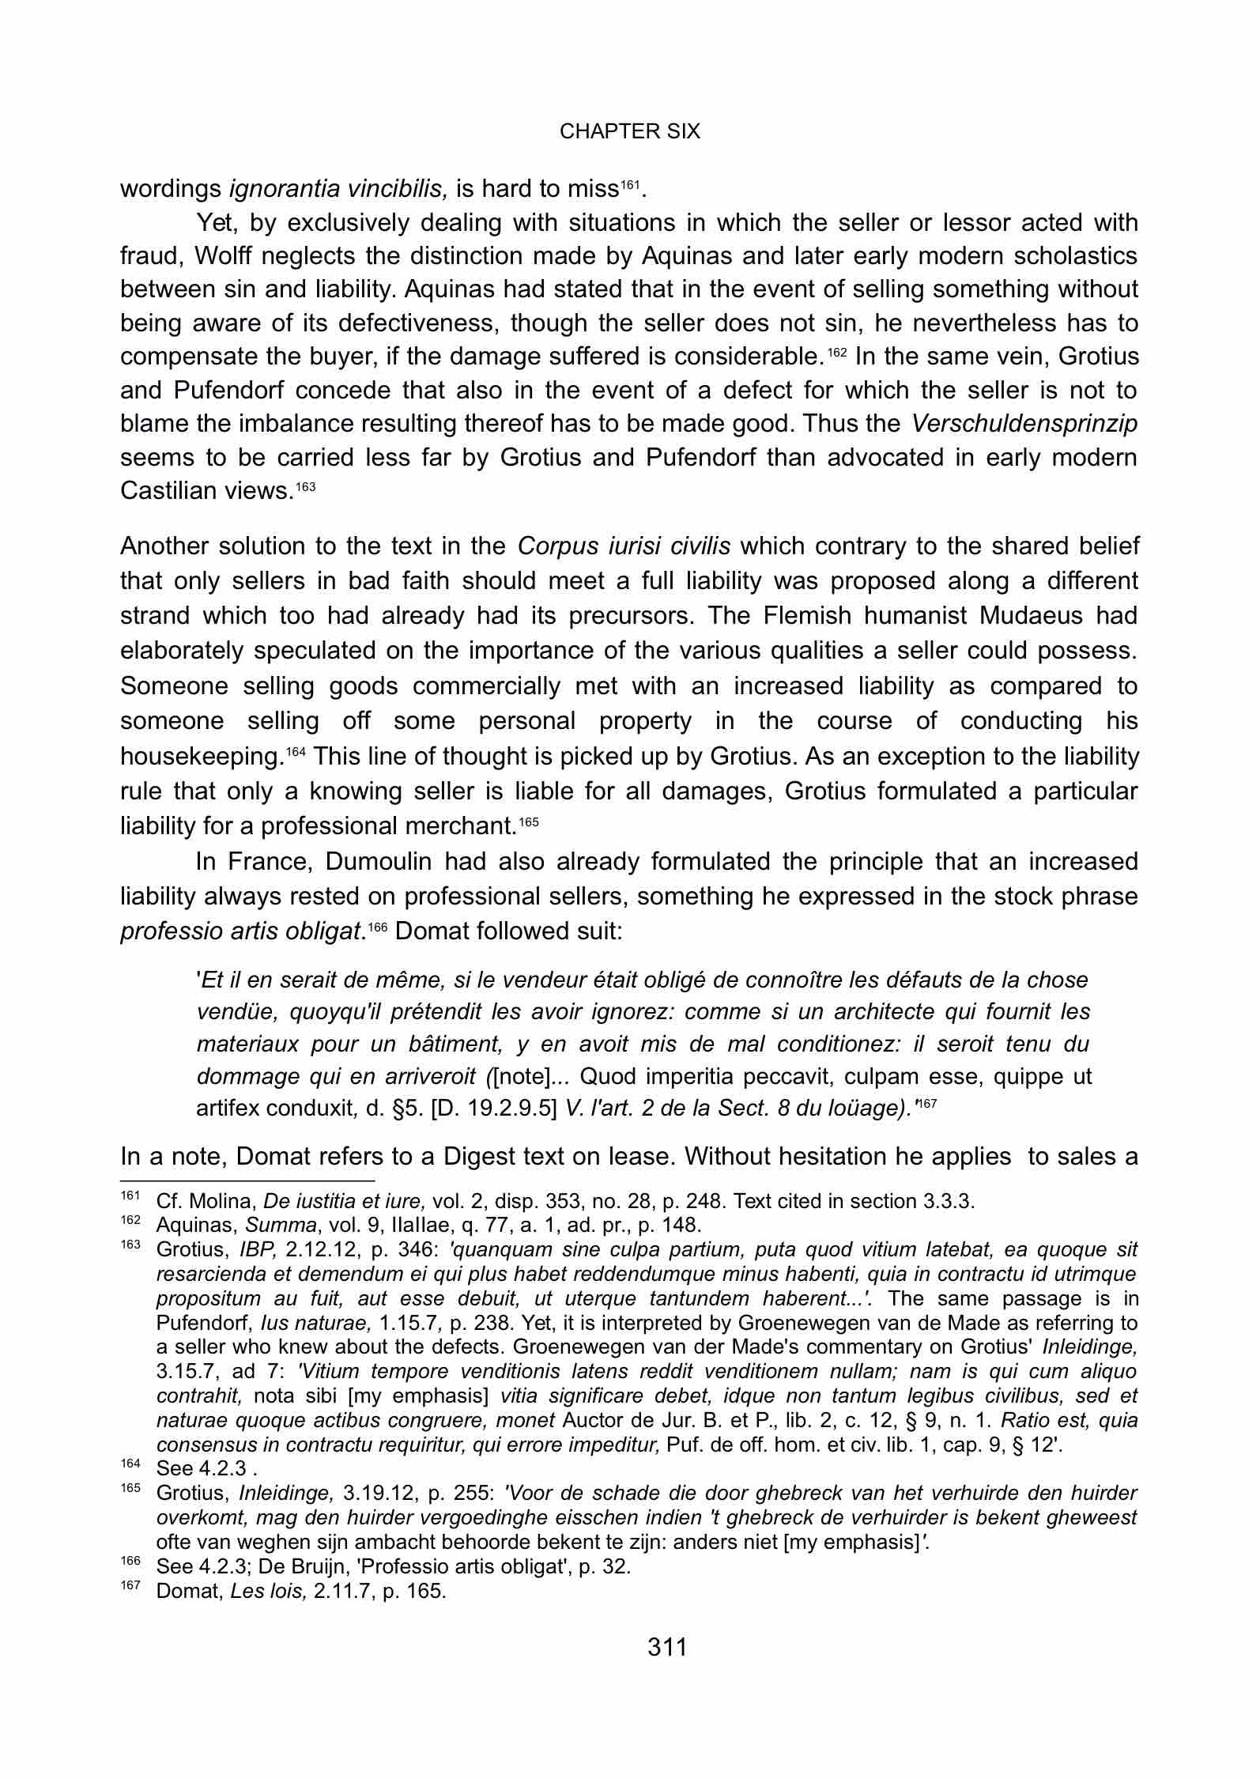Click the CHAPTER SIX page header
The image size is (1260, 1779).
[x=629, y=131]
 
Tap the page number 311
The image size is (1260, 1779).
[x=667, y=1647]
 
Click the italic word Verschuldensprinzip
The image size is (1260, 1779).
[x=1024, y=425]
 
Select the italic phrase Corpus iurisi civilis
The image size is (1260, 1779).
[x=624, y=546]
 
